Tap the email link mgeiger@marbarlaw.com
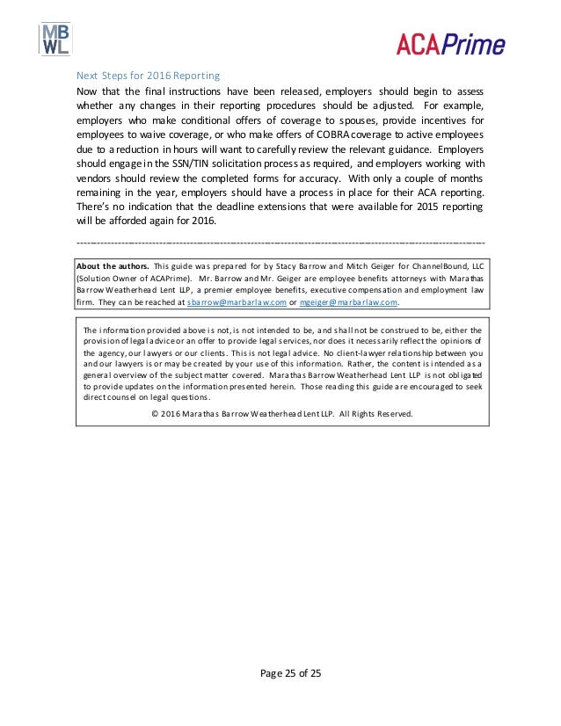tap(349, 301)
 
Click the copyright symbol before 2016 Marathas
tap(155, 413)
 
